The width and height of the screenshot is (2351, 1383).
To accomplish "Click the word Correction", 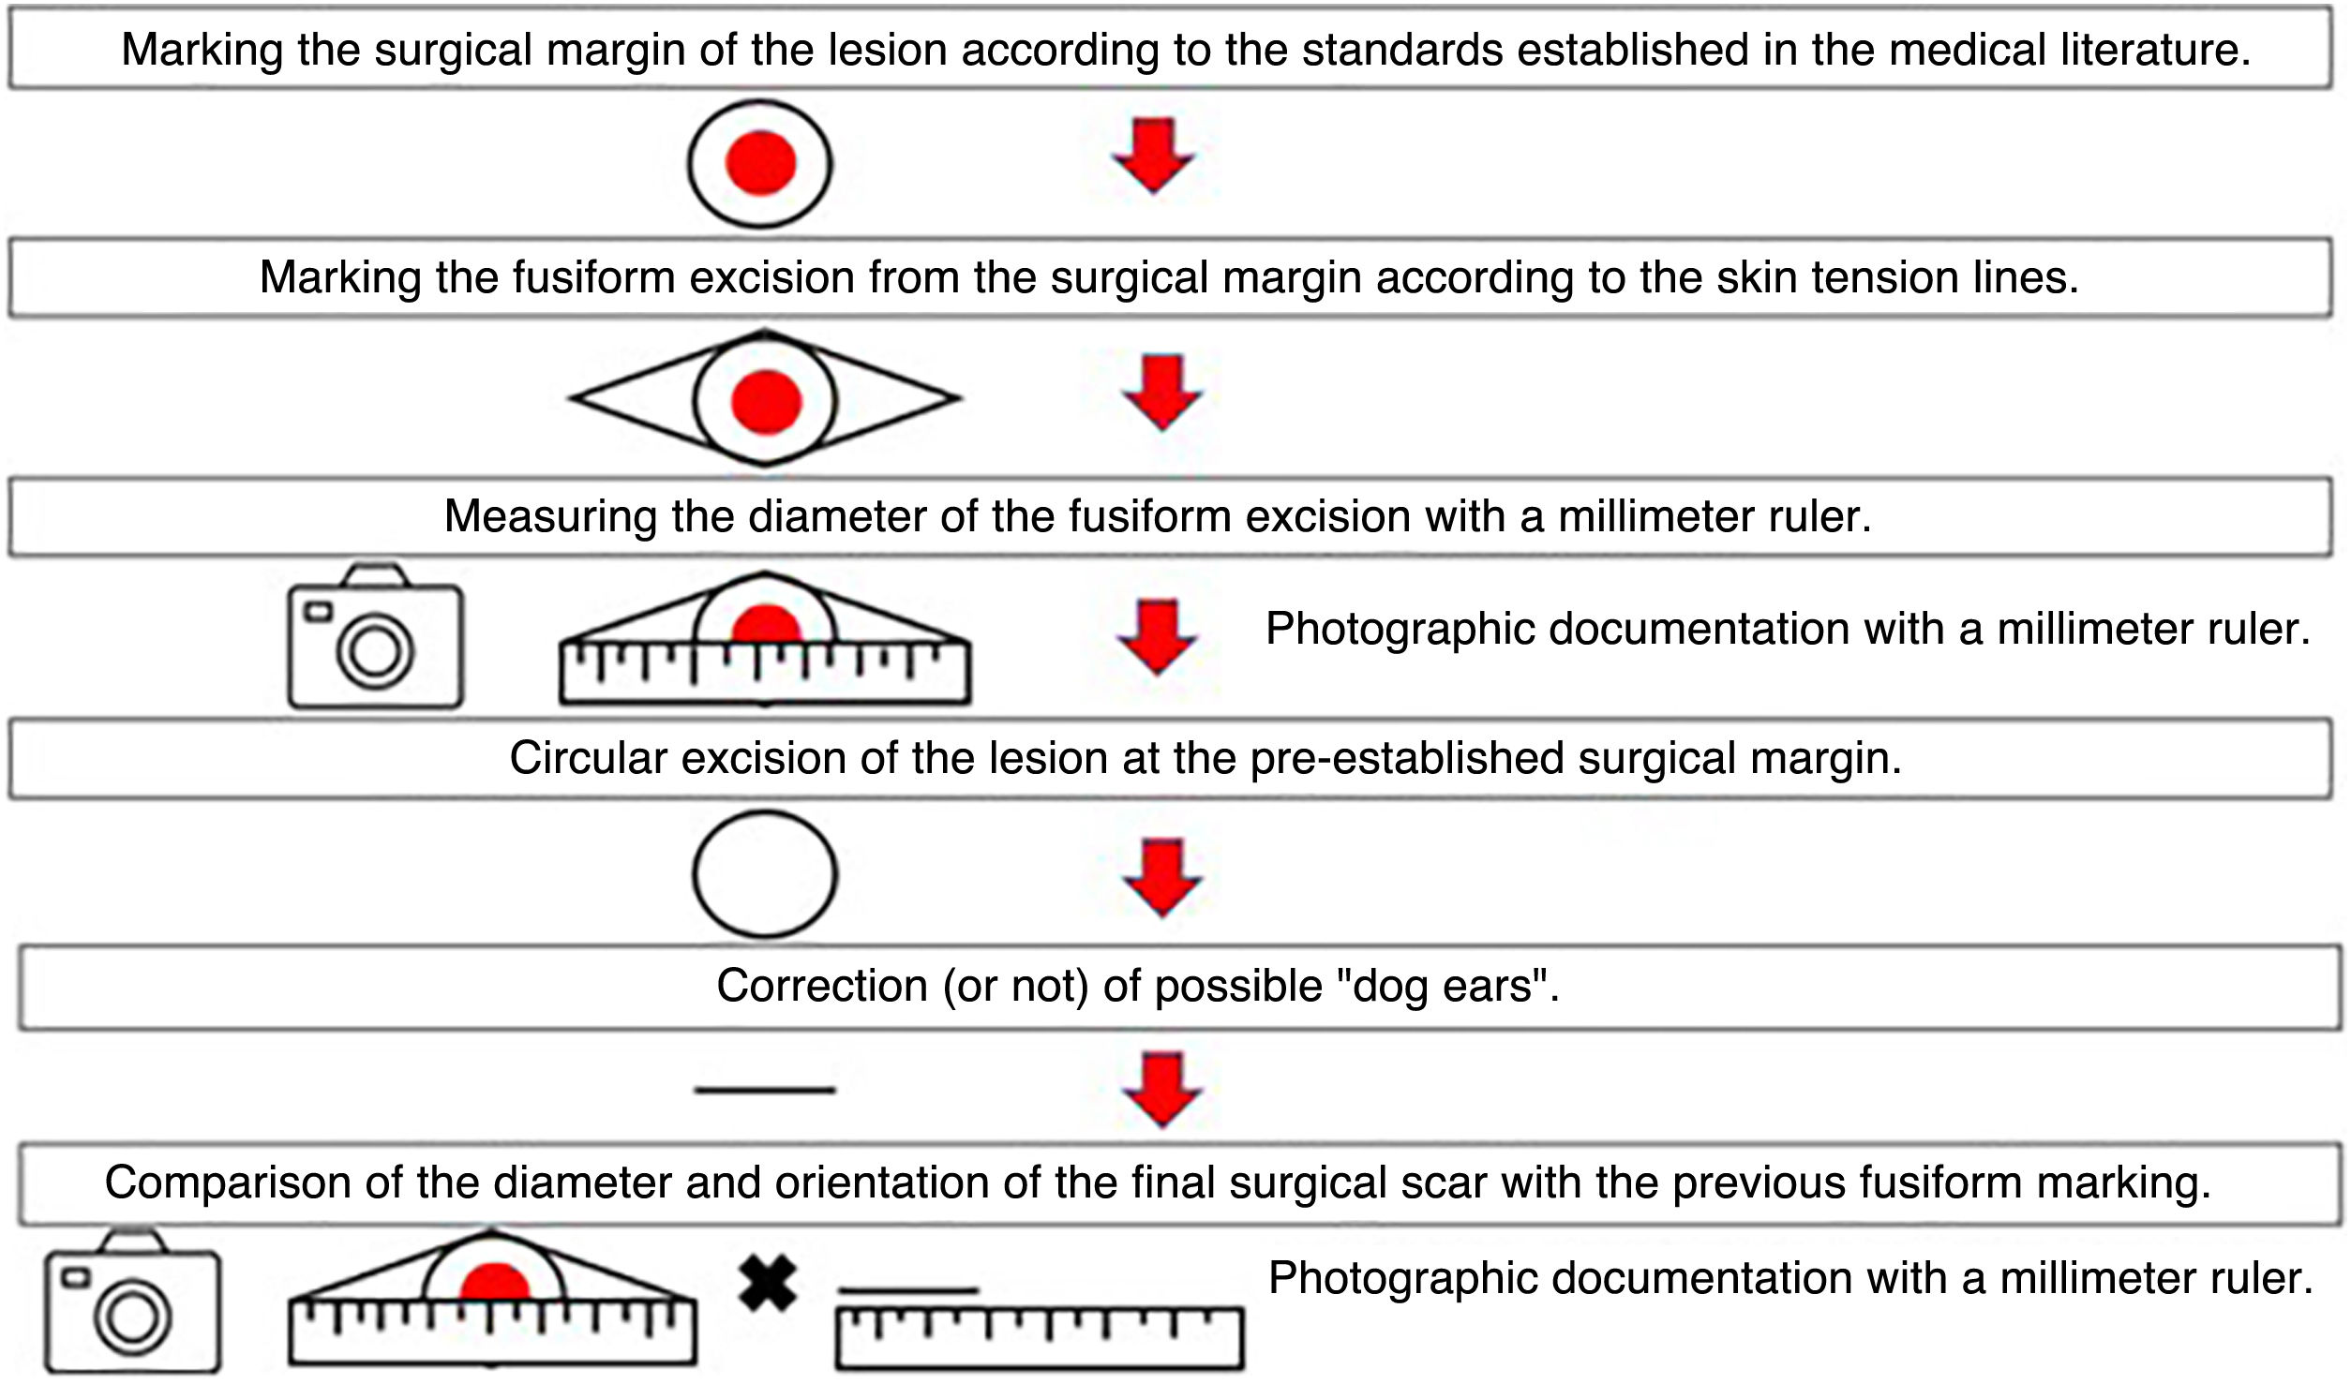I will point(821,986).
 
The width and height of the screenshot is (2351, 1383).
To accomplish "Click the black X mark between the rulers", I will point(767,1284).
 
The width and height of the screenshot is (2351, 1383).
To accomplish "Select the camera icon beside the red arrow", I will point(375,638).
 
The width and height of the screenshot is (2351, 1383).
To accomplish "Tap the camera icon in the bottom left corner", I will point(133,1303).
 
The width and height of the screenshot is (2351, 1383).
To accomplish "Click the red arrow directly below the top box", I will point(1153,156).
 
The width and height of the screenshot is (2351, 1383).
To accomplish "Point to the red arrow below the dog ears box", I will point(1162,1090).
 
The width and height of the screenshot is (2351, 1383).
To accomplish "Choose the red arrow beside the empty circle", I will point(1162,877).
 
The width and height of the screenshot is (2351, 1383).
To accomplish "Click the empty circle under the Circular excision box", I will point(765,874).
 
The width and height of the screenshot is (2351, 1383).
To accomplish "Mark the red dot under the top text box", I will point(760,163).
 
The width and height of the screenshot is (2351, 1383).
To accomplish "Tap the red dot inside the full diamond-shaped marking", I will point(766,402).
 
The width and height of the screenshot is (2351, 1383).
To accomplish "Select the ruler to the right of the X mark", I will point(1040,1337).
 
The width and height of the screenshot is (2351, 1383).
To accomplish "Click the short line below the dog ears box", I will point(765,1090).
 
